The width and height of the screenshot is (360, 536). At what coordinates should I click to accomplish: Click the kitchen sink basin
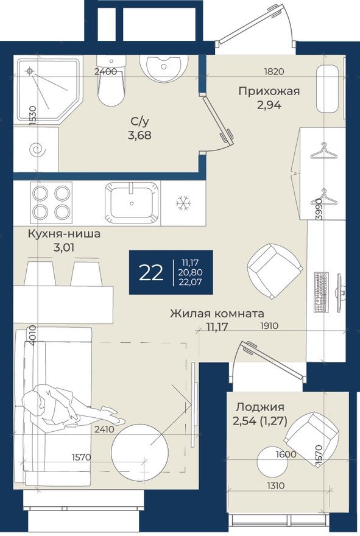click(132, 201)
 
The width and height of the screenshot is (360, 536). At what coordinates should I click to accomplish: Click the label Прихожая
click(268, 91)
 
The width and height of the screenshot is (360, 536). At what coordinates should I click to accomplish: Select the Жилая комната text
click(217, 314)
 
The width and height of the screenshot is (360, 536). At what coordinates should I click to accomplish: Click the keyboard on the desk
click(322, 292)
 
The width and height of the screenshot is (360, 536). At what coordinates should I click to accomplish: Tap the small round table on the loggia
click(272, 462)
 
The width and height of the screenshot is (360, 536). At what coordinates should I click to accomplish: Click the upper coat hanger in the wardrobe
click(323, 150)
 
